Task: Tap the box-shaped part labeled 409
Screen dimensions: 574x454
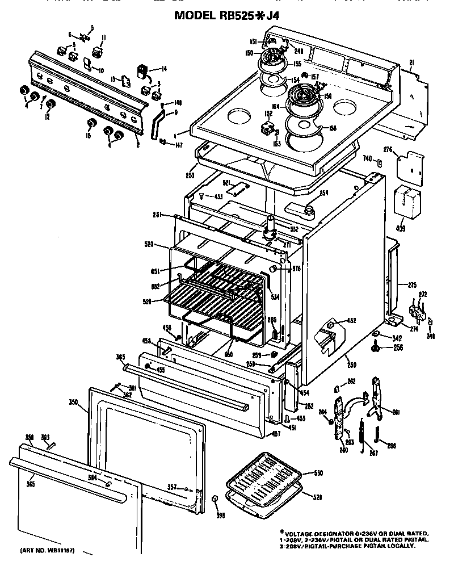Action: (x=407, y=202)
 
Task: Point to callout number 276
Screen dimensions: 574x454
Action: (x=388, y=150)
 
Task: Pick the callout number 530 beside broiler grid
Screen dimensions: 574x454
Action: (x=318, y=473)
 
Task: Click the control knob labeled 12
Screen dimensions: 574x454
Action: (x=51, y=104)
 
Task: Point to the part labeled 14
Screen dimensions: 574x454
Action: (x=142, y=72)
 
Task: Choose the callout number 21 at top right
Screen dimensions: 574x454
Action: (x=411, y=62)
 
